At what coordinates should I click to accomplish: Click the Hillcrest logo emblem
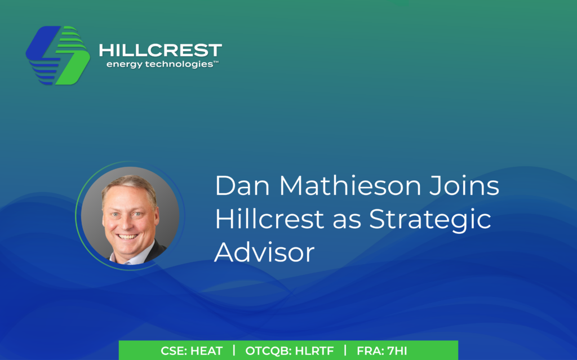coord(58,55)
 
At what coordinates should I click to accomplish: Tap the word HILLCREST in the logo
coord(160,51)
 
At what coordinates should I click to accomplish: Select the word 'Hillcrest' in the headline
coord(270,220)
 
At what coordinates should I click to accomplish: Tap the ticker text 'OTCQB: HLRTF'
coord(289,351)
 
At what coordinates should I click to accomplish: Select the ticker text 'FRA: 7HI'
coord(381,351)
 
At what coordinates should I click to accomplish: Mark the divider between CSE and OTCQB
coord(234,350)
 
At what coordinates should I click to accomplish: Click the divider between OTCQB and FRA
coord(345,350)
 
